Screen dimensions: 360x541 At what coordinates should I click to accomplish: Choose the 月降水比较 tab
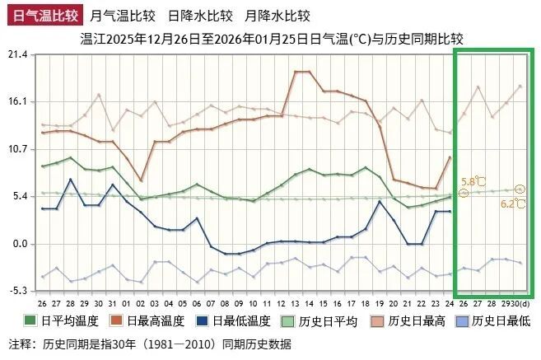tap(277, 15)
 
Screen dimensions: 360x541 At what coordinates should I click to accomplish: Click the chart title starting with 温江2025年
tap(273, 38)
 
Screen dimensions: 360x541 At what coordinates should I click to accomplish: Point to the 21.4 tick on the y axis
tap(17, 54)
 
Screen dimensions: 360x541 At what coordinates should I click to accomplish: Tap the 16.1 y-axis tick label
tap(17, 101)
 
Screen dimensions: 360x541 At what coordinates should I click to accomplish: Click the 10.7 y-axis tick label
tap(17, 149)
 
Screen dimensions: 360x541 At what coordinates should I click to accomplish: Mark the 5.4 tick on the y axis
tap(20, 196)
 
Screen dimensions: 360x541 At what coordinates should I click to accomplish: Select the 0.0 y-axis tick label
tap(20, 244)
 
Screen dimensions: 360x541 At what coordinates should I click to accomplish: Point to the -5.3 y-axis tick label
tap(18, 291)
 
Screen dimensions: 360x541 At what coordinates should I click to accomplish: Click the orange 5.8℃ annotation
tap(473, 181)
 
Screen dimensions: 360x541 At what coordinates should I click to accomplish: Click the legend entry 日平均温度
tap(69, 321)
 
